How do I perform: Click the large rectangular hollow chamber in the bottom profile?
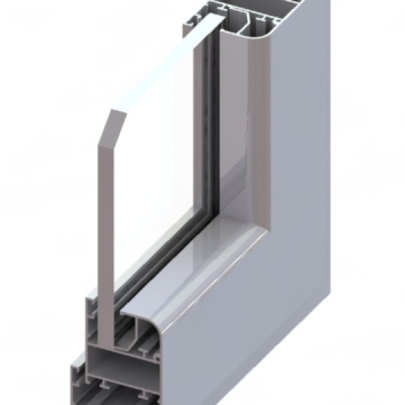(x=120, y=356)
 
